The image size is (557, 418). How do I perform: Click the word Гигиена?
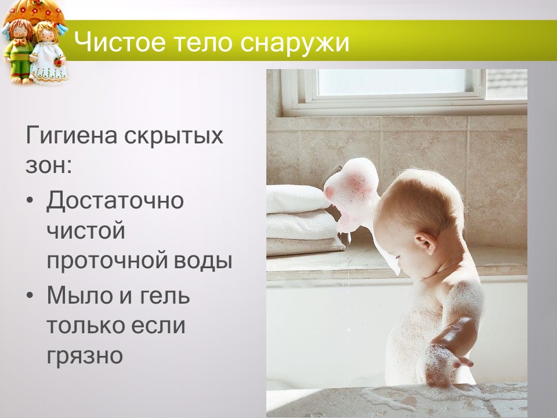pyautogui.click(x=71, y=137)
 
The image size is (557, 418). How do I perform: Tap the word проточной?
pyautogui.click(x=104, y=261)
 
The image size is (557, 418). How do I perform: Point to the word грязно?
pyautogui.click(x=85, y=355)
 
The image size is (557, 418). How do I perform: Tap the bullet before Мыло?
pyautogui.click(x=30, y=297)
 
